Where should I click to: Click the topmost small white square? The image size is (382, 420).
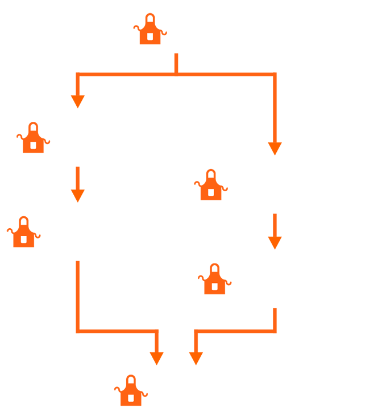(x=150, y=36)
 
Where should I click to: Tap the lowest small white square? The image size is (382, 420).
(x=131, y=398)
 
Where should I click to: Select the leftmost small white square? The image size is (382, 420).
(x=24, y=240)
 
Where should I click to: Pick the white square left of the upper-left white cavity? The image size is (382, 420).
(x=34, y=145)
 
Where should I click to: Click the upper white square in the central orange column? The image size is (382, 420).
(x=211, y=192)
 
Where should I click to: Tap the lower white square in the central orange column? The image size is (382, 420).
(x=214, y=286)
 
